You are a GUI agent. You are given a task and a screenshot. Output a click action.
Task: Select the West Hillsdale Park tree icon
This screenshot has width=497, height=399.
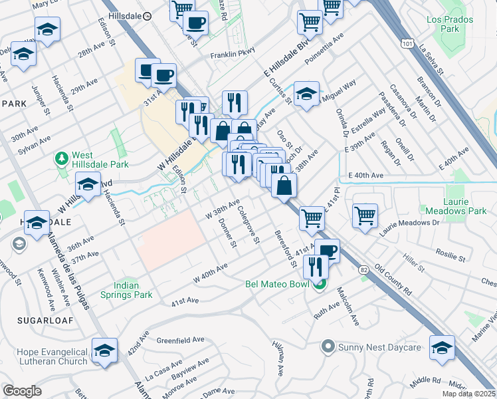(62, 158)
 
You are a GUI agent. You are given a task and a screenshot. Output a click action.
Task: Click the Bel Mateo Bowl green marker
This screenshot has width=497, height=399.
(319, 285)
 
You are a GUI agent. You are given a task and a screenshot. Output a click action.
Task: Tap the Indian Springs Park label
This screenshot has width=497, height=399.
(126, 290)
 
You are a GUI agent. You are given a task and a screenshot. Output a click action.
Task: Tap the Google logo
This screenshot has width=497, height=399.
(22, 391)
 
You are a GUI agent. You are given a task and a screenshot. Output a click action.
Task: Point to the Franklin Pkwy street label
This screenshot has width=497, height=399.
(233, 56)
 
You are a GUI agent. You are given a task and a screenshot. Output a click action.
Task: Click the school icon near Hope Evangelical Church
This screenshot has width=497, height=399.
(105, 350)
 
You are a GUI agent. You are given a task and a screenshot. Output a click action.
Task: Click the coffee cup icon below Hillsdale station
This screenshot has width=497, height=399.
(195, 22)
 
